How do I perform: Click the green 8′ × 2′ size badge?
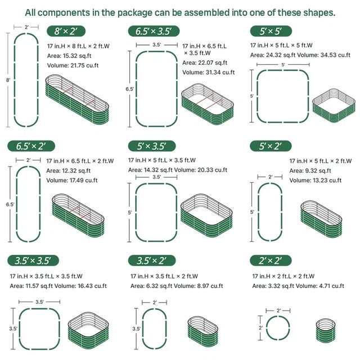tap(66, 31)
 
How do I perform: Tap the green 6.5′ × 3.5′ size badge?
tap(154, 31)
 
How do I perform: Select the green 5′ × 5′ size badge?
tap(271, 31)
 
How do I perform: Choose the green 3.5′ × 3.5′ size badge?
tap(33, 260)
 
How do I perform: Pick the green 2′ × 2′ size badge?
tap(271, 260)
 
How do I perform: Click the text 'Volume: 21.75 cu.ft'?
tap(73, 65)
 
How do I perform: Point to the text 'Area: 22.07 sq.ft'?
tap(205, 62)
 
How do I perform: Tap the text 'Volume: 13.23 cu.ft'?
tap(315, 180)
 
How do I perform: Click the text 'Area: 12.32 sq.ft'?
tap(69, 170)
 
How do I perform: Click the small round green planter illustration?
tap(325, 330)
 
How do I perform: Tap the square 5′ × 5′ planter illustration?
tap(334, 105)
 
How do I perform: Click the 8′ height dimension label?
tap(8, 80)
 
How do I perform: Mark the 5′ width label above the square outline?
tap(283, 65)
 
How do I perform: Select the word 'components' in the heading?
tap(64, 12)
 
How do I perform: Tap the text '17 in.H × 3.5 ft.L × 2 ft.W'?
tap(164, 276)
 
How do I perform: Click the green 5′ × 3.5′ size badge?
tap(152, 146)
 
